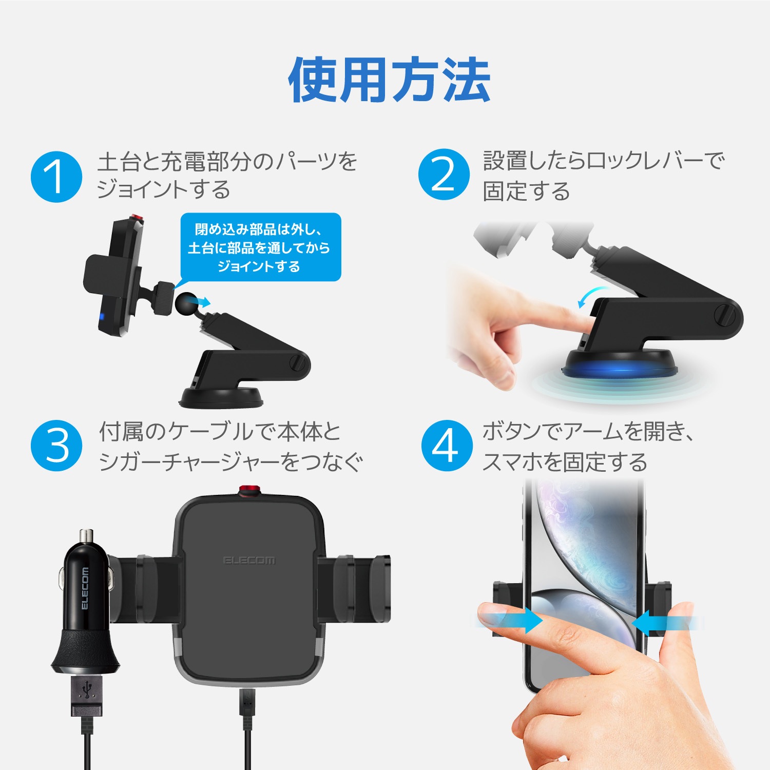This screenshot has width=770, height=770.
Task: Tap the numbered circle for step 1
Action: click(56, 177)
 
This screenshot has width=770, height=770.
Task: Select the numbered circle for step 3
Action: click(56, 445)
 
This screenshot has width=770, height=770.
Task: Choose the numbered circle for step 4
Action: click(446, 445)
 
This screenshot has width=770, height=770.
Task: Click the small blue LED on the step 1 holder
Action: click(102, 317)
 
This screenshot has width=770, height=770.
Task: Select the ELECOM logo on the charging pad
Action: click(249, 560)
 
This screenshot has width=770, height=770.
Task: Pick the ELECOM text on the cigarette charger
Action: click(85, 588)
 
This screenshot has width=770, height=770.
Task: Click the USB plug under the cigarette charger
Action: click(87, 696)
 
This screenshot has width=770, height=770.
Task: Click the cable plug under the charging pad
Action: click(247, 708)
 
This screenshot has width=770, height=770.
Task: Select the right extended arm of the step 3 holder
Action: click(354, 588)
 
